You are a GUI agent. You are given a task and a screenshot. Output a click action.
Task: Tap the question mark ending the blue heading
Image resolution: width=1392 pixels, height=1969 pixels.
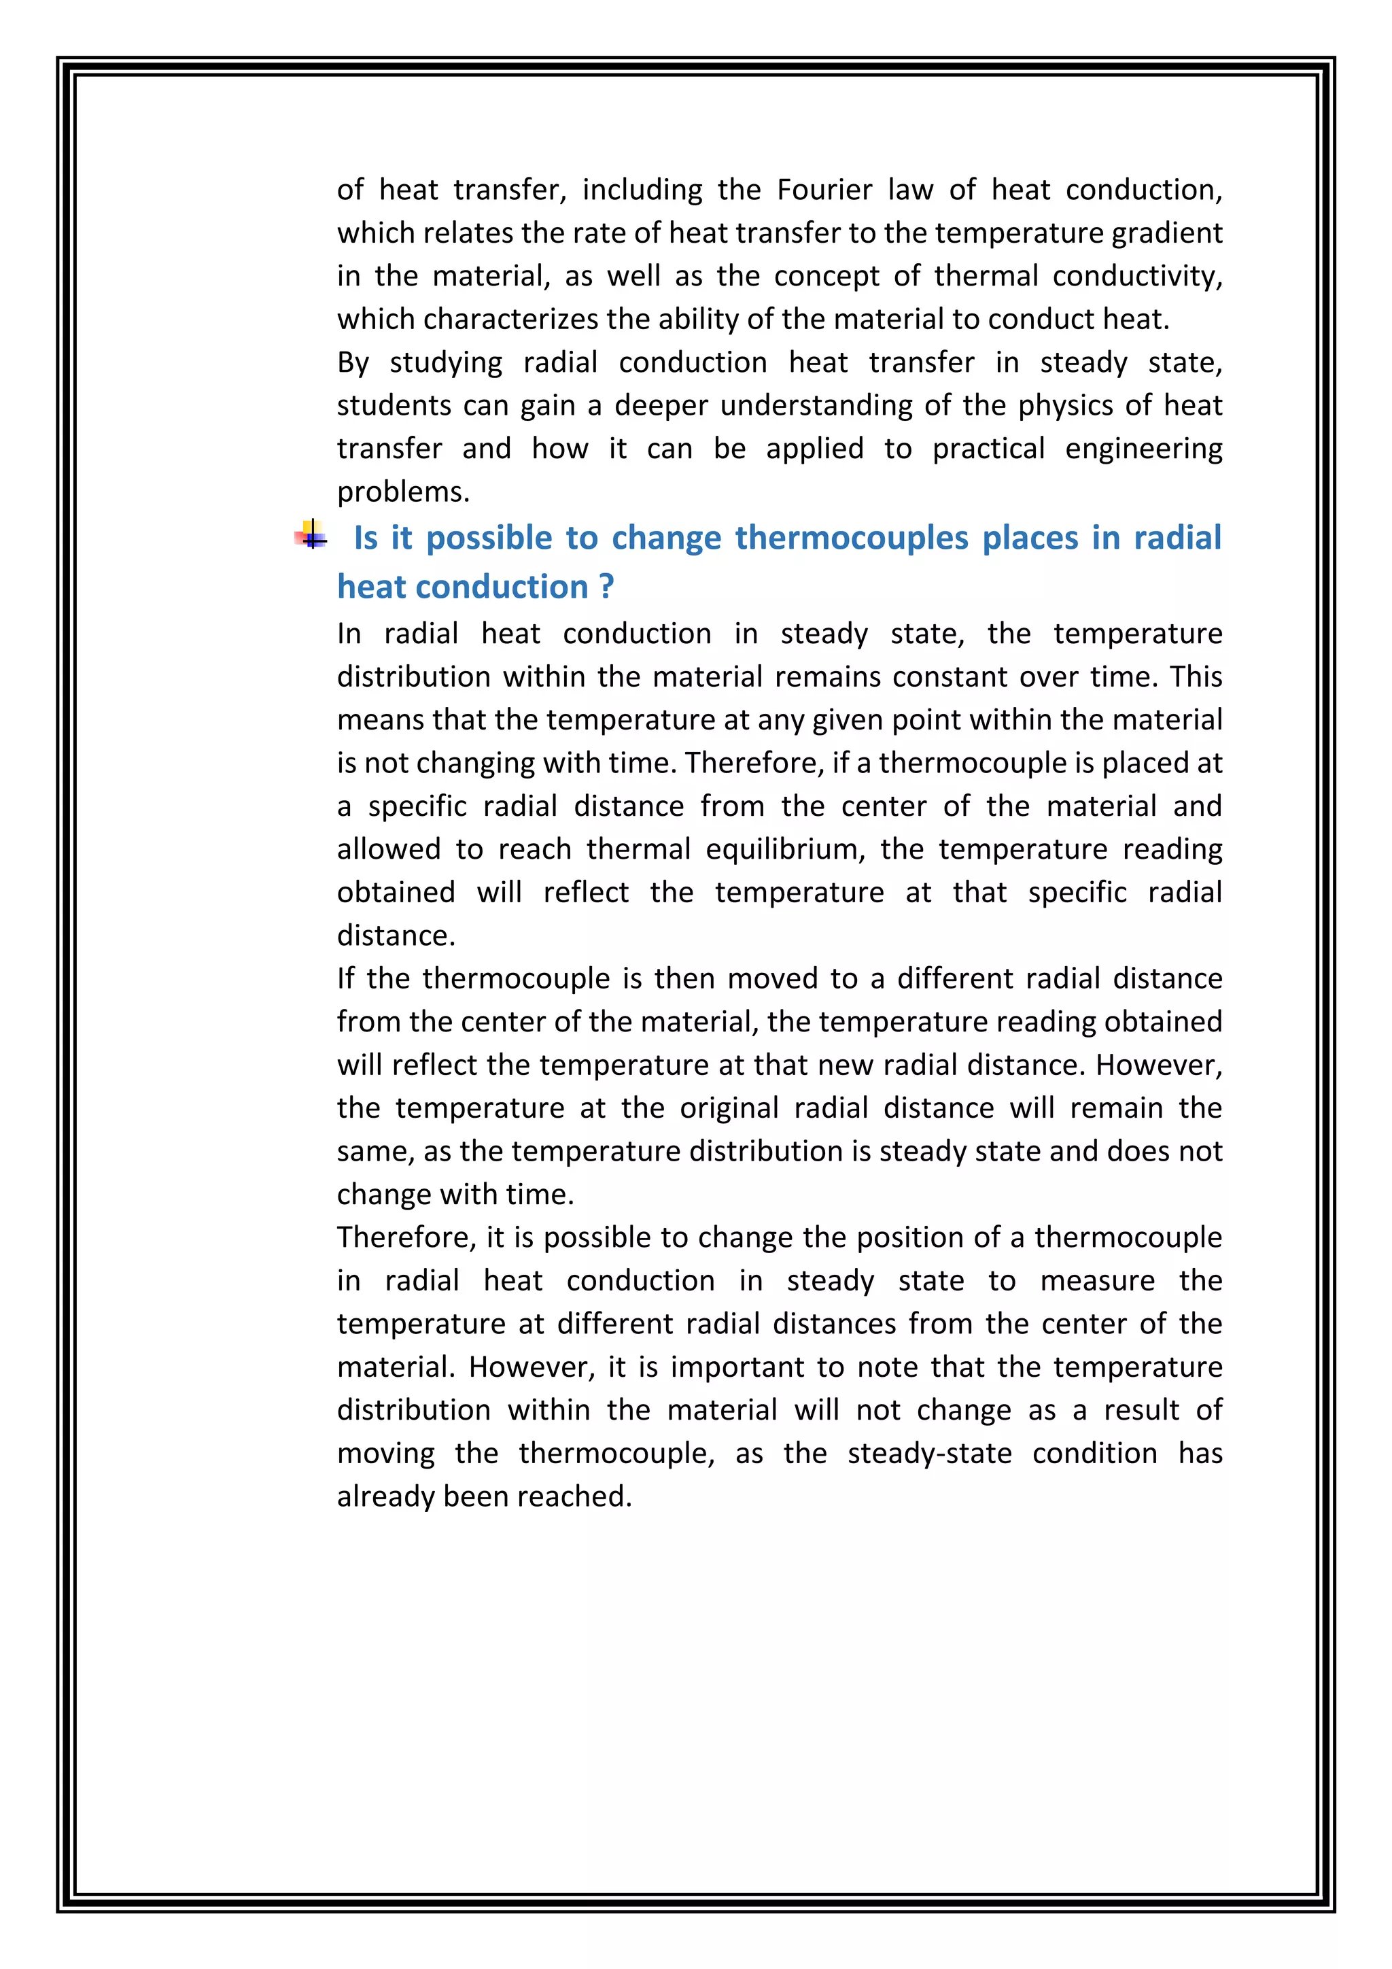click(606, 587)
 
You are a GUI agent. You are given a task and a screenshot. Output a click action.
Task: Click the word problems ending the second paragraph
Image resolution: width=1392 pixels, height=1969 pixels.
click(403, 492)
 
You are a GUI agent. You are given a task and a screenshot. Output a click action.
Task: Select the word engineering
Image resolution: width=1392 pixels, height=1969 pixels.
click(1143, 449)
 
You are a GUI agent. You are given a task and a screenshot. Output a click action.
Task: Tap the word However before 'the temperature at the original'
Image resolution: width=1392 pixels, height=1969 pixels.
click(1159, 1065)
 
